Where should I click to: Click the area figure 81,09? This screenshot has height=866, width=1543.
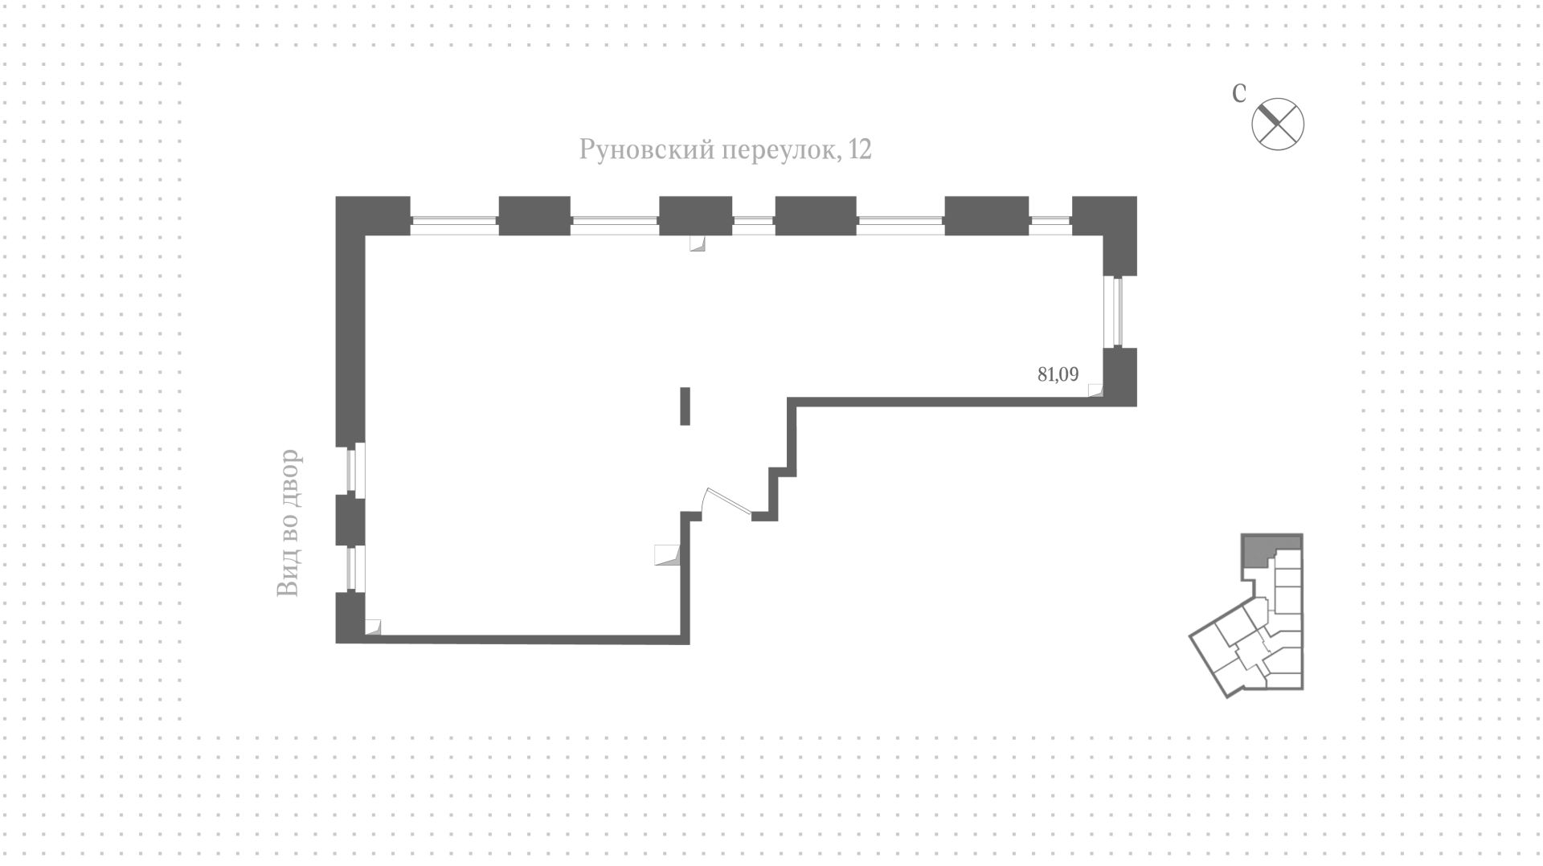pos(1058,374)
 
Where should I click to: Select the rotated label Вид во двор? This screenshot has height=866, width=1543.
pos(288,523)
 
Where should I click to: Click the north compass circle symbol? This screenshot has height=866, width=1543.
pos(1278,124)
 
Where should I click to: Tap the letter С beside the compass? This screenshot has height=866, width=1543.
pos(1239,93)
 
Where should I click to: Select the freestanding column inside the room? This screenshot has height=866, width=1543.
pos(685,406)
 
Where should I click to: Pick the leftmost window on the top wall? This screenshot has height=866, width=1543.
pos(454,226)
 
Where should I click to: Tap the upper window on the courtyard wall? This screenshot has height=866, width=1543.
pos(354,469)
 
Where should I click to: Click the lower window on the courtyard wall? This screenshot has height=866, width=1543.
pos(354,570)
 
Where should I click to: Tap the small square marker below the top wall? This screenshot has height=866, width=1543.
pos(697,243)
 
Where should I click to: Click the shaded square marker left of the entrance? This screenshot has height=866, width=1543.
pos(667,555)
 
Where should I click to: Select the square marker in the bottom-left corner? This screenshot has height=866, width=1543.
pos(372,627)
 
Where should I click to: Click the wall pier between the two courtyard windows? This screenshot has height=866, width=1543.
pos(350,521)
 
